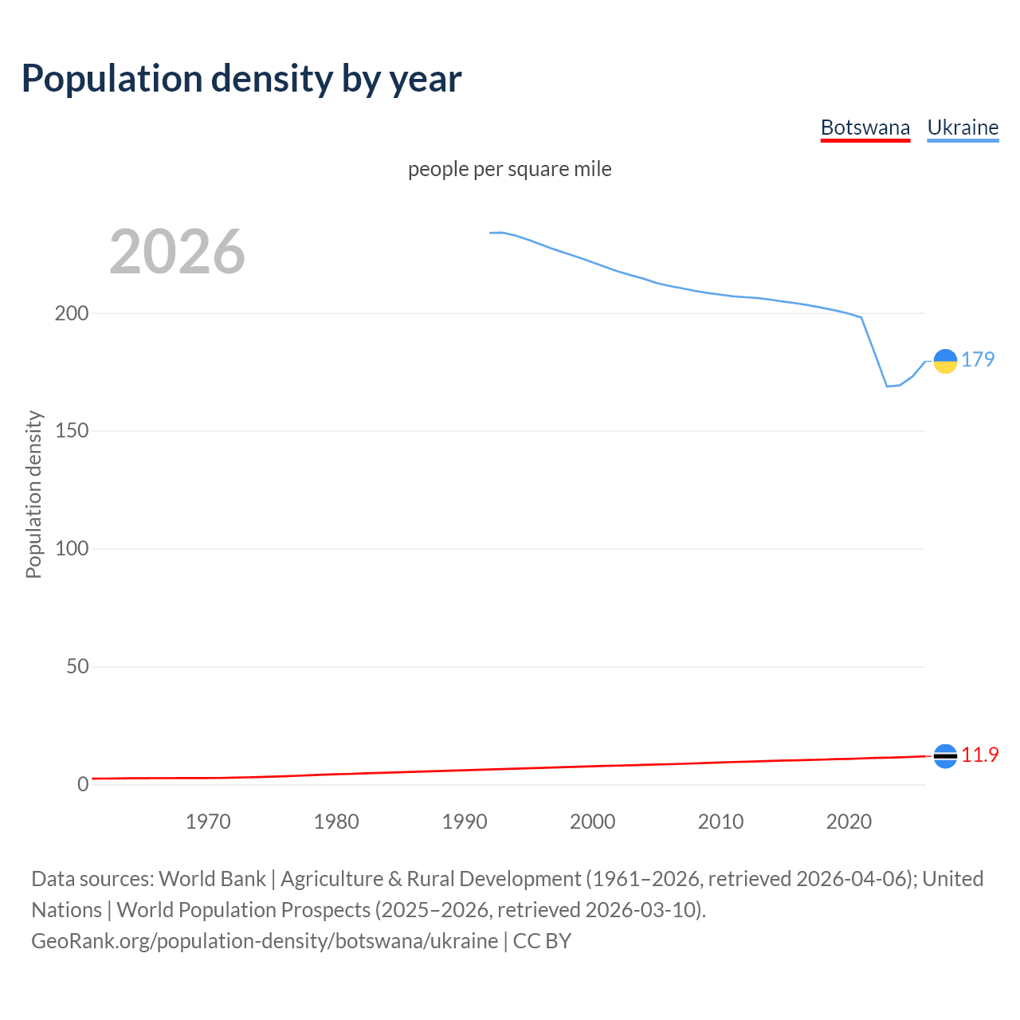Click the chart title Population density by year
click(241, 79)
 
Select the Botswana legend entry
click(865, 127)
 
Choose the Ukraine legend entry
click(963, 127)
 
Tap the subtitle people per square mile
click(509, 169)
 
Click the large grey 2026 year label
click(177, 252)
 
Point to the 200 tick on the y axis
click(72, 313)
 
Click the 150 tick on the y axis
click(72, 431)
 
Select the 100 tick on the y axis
click(72, 549)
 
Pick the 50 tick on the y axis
click(77, 667)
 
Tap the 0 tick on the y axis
click(83, 784)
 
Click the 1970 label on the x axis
click(208, 822)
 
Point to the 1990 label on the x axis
click(465, 822)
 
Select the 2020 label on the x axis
click(849, 822)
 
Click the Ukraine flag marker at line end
click(945, 361)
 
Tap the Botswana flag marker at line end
click(945, 756)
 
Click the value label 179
click(978, 359)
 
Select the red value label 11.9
click(979, 755)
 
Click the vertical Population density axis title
click(33, 494)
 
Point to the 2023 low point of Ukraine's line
click(887, 386)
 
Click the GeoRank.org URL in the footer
click(265, 941)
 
